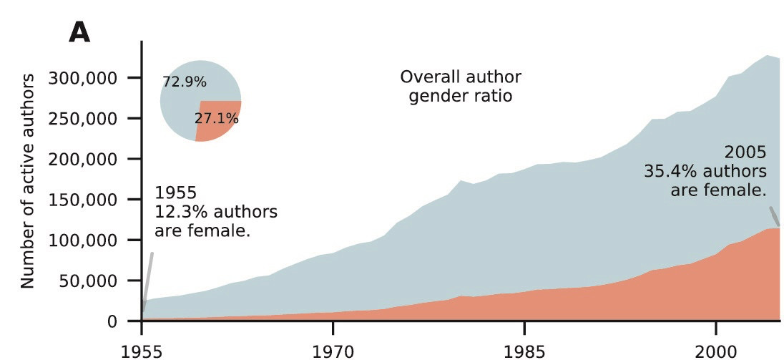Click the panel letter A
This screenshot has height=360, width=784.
click(x=79, y=32)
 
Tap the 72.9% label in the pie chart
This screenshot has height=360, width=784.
click(x=185, y=82)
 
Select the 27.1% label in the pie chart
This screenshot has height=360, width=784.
click(x=216, y=118)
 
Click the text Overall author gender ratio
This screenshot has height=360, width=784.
click(x=461, y=86)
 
